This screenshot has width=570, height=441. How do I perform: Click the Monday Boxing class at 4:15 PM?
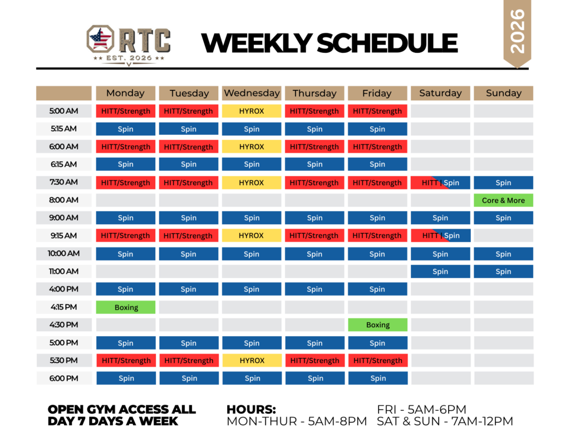pos(125,307)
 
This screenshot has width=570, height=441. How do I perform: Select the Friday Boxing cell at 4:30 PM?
pos(377,325)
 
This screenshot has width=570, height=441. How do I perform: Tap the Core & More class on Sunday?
pos(503,200)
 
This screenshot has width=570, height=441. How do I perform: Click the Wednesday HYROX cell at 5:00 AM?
pos(251,111)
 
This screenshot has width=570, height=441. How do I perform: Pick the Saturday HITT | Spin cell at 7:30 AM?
pos(440,182)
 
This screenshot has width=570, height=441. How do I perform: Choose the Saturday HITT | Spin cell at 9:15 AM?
pos(441,236)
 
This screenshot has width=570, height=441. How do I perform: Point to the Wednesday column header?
pos(251,93)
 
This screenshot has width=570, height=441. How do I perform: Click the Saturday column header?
pos(440,93)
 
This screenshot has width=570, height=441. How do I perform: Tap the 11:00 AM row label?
pos(63,272)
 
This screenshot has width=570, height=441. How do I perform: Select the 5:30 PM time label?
pos(63,361)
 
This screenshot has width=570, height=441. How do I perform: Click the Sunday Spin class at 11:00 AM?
pos(503,272)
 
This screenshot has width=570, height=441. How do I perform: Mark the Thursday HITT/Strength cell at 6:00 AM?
pos(314,147)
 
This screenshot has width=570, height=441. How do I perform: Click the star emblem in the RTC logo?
pos(100,38)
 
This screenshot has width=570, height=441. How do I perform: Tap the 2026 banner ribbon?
pos(517,33)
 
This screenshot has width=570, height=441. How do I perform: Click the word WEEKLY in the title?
pos(257,43)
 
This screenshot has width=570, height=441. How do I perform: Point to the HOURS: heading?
pos(251,409)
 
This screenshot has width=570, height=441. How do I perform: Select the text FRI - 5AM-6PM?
pos(421,409)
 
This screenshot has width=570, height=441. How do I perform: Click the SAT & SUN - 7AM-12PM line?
pos(445,421)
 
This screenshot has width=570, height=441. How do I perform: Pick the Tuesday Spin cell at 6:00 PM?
pos(189,378)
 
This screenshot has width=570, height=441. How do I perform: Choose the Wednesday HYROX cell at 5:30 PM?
pos(252,361)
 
